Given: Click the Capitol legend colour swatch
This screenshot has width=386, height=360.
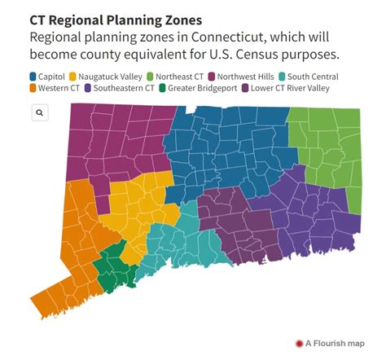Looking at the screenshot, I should (33, 77).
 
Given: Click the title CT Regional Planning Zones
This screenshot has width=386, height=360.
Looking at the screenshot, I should (116, 19).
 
